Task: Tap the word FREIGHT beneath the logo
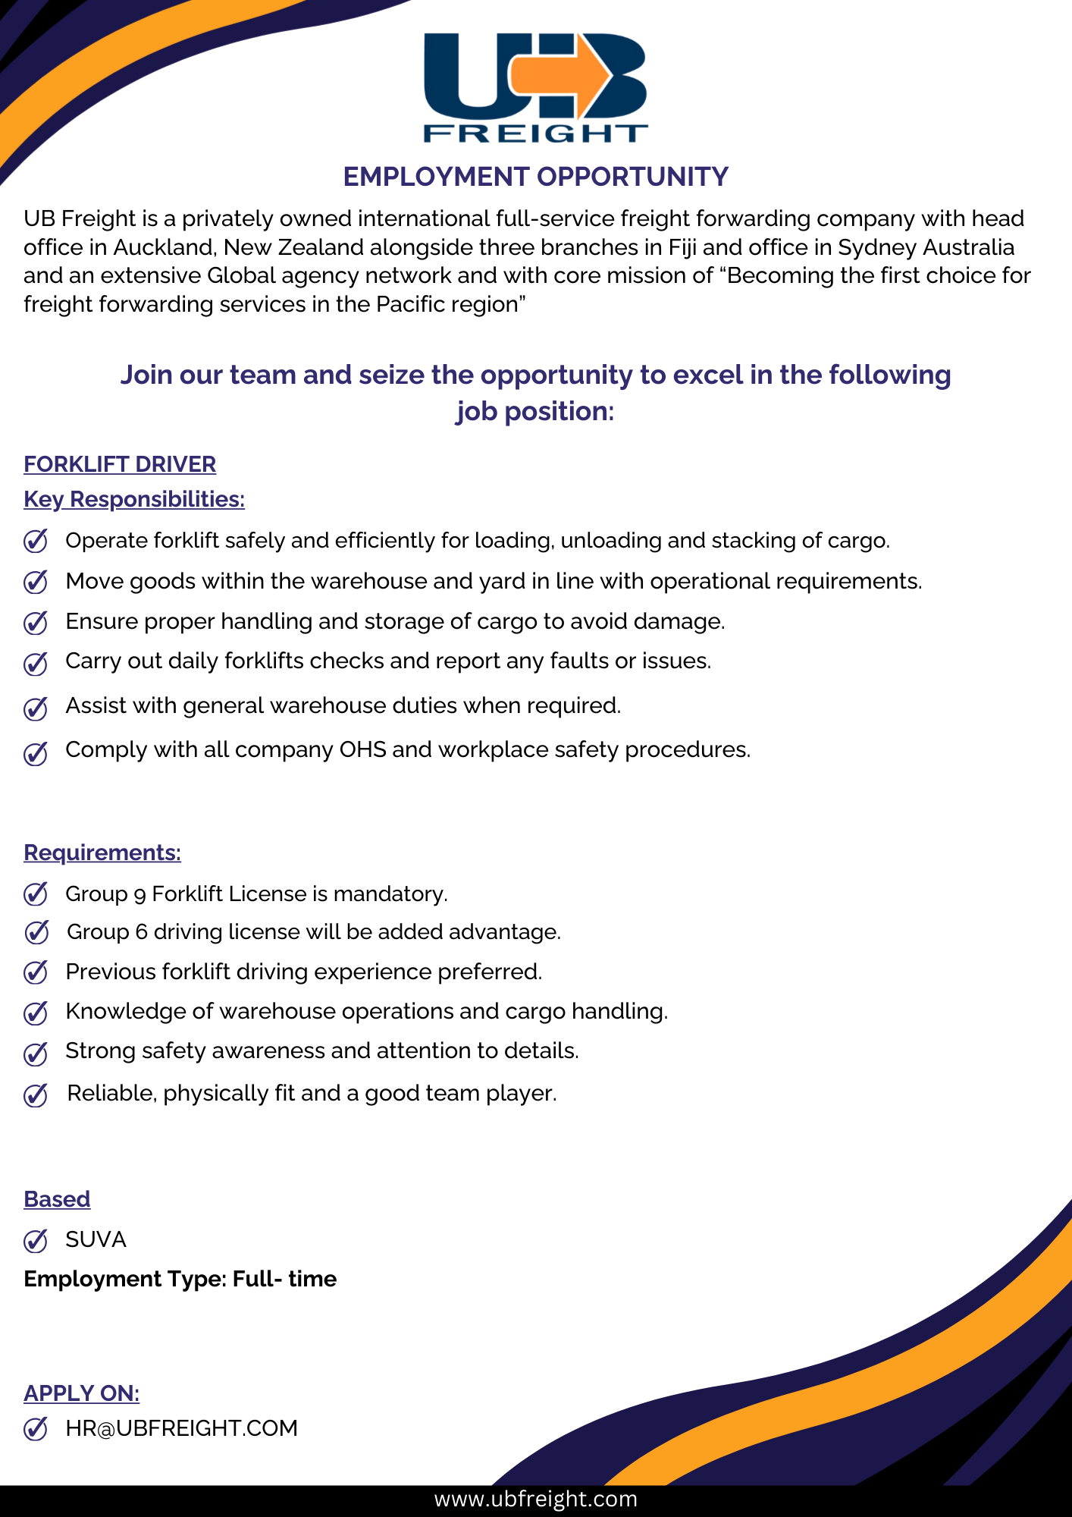click(535, 133)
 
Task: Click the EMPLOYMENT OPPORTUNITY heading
click(535, 177)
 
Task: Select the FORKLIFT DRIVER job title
click(120, 464)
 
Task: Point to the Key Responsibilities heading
click(134, 499)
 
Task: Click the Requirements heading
click(102, 853)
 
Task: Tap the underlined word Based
click(57, 1199)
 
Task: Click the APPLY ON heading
click(82, 1393)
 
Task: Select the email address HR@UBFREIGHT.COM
click(181, 1428)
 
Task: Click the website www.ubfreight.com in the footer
click(535, 1499)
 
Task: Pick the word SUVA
click(96, 1239)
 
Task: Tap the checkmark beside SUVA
click(36, 1241)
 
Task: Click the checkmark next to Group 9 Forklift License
click(36, 894)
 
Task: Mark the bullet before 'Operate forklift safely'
click(36, 542)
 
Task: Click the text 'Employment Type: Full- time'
click(180, 1279)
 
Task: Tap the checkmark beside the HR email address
click(36, 1429)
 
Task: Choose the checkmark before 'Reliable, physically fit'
click(36, 1095)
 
